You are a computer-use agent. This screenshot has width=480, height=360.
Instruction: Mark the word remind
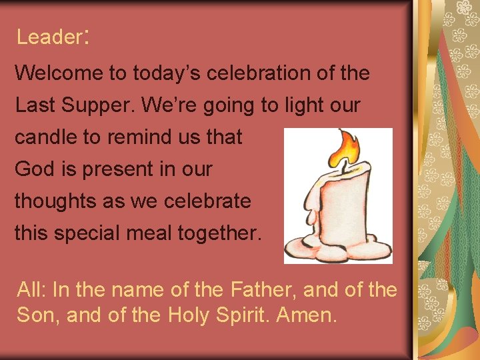(137, 137)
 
